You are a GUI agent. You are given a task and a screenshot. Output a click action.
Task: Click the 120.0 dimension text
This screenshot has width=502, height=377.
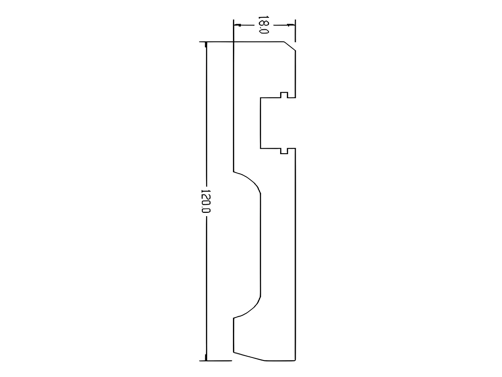click(205, 201)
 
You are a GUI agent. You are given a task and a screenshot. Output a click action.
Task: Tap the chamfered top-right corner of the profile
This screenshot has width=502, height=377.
click(290, 46)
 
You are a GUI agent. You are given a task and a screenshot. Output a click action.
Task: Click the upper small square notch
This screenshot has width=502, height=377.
click(284, 95)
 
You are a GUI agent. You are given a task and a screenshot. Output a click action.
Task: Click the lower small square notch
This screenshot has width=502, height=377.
click(284, 151)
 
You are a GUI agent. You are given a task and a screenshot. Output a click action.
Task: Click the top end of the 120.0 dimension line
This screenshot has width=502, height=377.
click(206, 43)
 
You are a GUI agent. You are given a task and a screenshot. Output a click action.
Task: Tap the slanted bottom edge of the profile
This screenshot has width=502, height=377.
click(249, 357)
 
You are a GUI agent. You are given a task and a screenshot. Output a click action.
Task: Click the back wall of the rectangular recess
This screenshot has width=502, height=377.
click(260, 123)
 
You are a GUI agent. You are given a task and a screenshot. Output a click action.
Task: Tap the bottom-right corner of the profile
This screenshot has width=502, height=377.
click(295, 361)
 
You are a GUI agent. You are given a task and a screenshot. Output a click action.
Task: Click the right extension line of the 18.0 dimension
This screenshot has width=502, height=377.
click(295, 30)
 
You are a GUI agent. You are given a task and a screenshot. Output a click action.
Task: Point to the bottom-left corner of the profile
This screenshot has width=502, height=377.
click(234, 353)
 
